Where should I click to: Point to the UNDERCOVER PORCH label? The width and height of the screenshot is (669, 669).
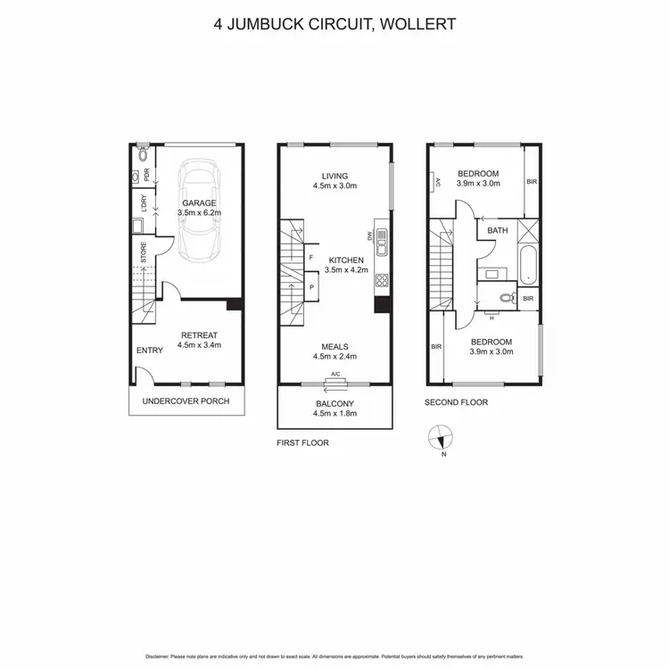[186, 401]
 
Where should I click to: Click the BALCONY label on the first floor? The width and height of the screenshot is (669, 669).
[334, 404]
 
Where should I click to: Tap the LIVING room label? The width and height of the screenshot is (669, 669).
[334, 176]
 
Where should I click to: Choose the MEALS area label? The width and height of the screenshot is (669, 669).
[334, 346]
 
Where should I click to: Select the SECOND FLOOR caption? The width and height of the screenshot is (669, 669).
[456, 402]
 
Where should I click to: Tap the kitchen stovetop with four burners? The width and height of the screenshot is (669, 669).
[381, 280]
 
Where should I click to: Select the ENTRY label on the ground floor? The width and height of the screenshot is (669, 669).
[149, 351]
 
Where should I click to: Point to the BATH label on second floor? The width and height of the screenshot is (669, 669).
[497, 231]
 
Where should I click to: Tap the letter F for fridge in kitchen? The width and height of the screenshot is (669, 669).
[310, 258]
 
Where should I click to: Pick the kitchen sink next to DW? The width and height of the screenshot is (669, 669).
[381, 238]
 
